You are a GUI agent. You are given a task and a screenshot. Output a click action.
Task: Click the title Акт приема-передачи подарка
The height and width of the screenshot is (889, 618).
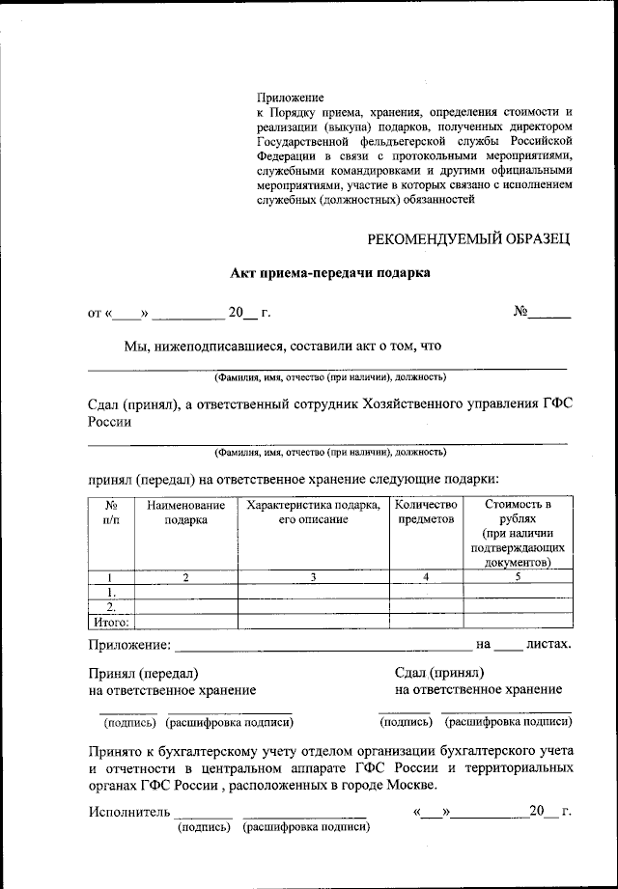click(329, 273)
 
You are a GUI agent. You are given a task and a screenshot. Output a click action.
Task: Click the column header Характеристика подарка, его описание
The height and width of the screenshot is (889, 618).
click(313, 512)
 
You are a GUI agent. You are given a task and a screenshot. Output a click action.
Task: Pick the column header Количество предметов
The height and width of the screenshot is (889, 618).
click(426, 512)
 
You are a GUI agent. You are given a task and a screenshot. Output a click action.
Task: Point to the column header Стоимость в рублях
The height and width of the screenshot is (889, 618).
click(518, 512)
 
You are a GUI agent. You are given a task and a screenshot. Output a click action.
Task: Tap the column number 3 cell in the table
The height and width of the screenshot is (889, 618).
click(313, 576)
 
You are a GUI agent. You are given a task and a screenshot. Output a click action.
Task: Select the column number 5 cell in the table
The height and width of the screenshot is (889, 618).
click(518, 576)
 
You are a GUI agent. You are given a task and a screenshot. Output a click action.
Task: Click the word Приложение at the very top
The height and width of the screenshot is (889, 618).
click(290, 97)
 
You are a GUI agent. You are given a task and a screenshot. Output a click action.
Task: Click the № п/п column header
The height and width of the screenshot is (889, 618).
click(112, 512)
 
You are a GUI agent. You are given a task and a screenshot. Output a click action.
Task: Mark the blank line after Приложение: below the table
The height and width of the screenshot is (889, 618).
click(323, 645)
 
